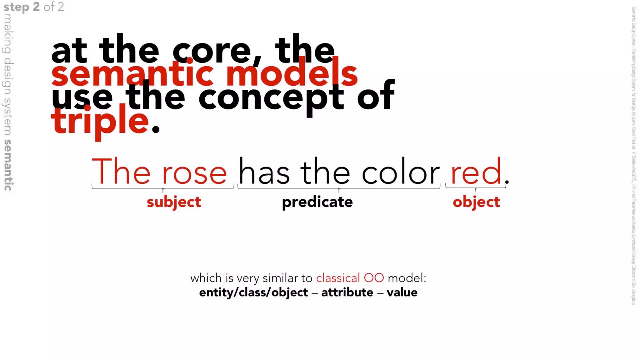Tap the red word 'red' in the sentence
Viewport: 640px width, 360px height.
476,172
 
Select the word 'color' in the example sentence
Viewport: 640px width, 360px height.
401,172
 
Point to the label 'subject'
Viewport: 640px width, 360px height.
174,202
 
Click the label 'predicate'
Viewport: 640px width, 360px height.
317,202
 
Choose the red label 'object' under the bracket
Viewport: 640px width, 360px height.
476,202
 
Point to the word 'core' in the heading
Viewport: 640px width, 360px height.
211,51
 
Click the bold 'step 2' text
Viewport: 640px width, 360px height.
22,7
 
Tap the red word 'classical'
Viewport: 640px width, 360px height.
338,278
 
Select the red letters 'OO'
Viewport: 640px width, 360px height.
374,278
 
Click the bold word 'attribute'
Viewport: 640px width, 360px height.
347,292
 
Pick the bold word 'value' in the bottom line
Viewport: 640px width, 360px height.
402,292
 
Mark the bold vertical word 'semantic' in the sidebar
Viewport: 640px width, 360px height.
8,165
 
